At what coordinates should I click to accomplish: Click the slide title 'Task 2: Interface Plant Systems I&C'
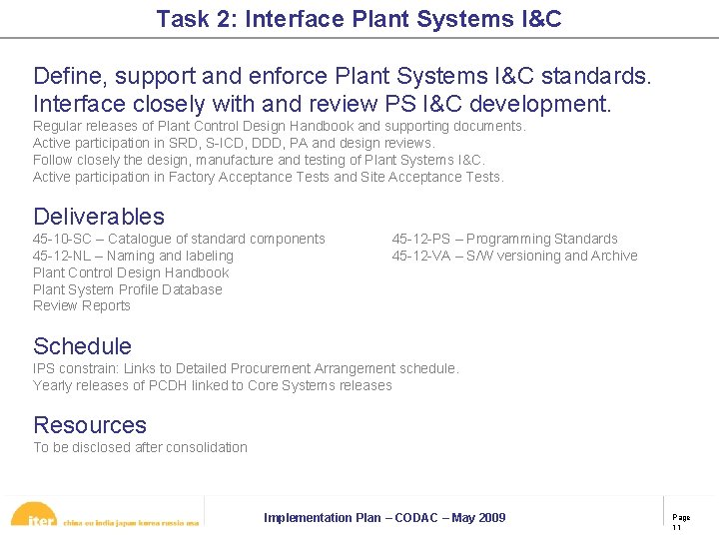[x=359, y=18]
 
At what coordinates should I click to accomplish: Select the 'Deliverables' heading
[x=99, y=216]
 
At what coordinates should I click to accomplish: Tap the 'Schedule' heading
[x=82, y=346]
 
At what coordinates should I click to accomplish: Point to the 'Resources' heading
[x=90, y=425]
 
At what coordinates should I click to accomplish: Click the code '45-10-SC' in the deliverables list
[x=63, y=239]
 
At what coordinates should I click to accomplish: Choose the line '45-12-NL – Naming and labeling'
[x=133, y=256]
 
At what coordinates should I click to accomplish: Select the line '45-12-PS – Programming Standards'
[x=504, y=239]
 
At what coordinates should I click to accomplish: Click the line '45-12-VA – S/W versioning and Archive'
[x=514, y=256]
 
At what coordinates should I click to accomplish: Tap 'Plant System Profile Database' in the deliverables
[x=128, y=289]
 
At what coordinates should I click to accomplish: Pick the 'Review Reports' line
[x=82, y=305]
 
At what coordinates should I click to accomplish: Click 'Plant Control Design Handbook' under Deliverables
[x=131, y=272]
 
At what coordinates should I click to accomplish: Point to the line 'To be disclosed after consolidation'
[x=140, y=447]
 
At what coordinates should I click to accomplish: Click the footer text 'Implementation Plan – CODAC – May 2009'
[x=384, y=517]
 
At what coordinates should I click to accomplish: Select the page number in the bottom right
[x=680, y=522]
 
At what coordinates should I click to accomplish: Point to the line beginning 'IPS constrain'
[x=246, y=368]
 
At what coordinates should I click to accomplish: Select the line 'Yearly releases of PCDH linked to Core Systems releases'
[x=213, y=385]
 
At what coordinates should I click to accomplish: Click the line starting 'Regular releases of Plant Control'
[x=279, y=126]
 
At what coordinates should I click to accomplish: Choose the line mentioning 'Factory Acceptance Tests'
[x=268, y=177]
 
